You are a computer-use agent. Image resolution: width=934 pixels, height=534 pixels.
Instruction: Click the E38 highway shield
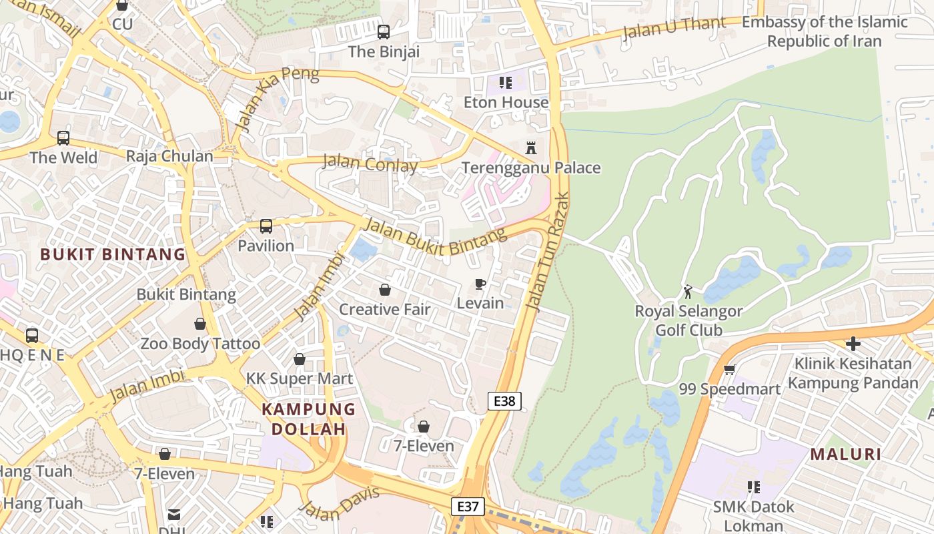504,400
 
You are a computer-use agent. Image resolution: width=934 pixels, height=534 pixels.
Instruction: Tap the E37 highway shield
468,507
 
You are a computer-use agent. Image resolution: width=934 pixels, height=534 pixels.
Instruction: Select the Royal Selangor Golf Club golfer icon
688,292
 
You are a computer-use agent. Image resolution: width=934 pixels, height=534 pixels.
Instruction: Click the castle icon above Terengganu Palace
531,148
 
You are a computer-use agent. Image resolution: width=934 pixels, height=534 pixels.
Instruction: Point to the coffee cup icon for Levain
480,284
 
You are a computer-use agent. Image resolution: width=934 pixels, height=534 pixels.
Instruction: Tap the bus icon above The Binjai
383,31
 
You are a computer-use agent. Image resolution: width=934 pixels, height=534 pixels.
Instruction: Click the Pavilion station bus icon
266,226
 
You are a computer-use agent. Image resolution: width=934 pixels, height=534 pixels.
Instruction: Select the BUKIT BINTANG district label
112,254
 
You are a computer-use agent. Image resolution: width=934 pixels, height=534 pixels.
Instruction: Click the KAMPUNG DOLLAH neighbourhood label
308,419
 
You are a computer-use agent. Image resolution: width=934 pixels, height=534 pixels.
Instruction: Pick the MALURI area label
845,455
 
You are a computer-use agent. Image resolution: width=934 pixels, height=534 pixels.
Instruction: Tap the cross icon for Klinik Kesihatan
853,344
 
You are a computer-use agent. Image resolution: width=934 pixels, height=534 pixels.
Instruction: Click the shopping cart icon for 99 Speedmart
729,369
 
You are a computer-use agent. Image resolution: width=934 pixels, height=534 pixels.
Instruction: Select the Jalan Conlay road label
370,164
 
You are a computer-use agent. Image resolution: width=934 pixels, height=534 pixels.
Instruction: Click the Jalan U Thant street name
674,28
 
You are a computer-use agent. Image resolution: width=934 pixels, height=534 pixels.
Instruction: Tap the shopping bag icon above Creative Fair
384,290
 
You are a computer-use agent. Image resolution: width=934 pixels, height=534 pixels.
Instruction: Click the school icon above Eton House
506,83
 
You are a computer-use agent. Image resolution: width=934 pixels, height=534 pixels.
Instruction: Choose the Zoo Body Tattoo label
199,344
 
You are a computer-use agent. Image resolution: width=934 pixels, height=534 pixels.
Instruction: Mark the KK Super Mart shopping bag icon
300,359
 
